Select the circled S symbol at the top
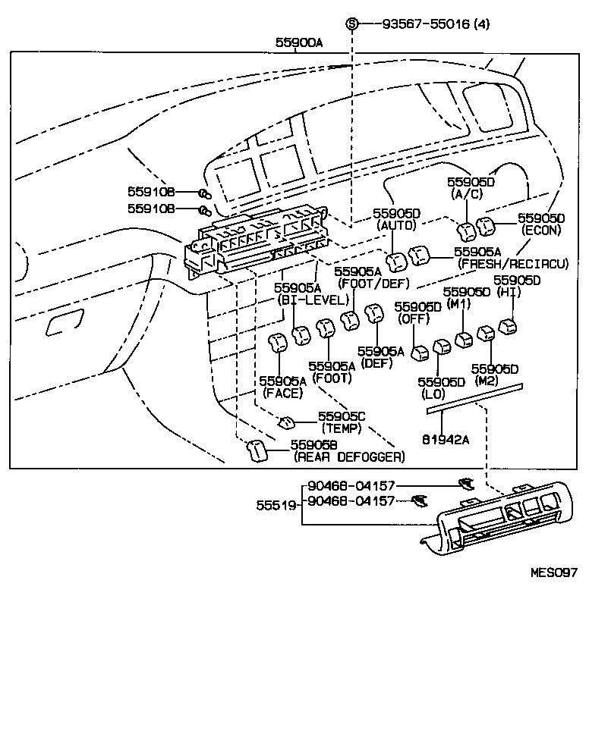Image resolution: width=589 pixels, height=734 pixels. (x=351, y=24)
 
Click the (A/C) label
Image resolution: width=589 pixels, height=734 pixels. (x=470, y=193)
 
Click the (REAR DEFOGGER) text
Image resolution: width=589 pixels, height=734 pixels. (x=349, y=457)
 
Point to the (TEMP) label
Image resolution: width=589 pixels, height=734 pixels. (x=342, y=428)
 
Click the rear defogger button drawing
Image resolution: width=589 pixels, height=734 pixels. (x=257, y=450)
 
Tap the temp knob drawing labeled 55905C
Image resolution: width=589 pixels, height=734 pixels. (x=288, y=421)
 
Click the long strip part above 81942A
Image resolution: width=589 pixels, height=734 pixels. (x=474, y=398)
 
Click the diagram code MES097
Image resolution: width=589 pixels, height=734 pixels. (x=554, y=572)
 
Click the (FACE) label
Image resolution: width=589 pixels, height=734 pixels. (x=282, y=393)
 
